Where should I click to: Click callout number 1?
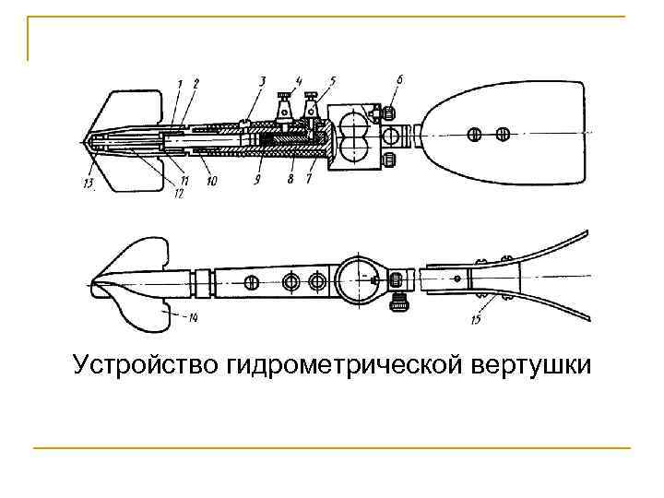click(182, 85)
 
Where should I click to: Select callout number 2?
click(196, 85)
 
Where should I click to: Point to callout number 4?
click(299, 81)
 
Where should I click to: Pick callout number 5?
click(332, 81)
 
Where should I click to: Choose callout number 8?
click(290, 181)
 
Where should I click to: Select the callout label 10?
click(212, 182)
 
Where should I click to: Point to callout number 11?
click(184, 182)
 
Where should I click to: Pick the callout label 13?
click(88, 182)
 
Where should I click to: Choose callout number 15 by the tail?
click(476, 319)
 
